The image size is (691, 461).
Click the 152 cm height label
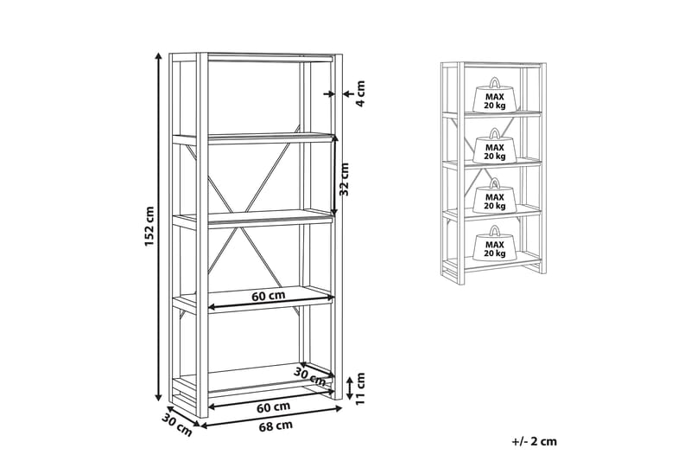149,226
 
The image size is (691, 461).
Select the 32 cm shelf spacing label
345,179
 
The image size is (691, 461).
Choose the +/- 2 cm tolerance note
534,441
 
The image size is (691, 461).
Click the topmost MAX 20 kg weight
494,99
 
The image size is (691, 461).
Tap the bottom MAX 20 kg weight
494,247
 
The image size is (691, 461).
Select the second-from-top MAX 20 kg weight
494,150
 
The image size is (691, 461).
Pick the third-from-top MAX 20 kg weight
494,200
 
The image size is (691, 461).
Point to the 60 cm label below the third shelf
269,296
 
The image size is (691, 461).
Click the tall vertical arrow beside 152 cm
159,226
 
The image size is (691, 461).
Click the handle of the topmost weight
494,83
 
